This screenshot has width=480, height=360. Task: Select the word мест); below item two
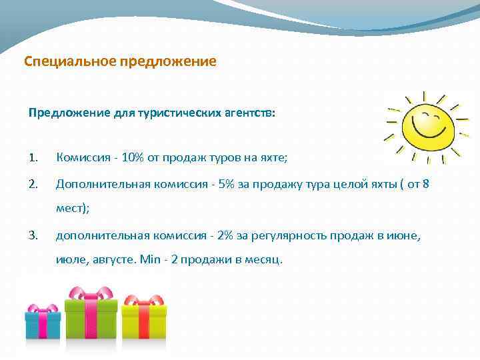(73, 208)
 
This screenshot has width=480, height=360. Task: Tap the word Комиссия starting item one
(82, 158)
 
